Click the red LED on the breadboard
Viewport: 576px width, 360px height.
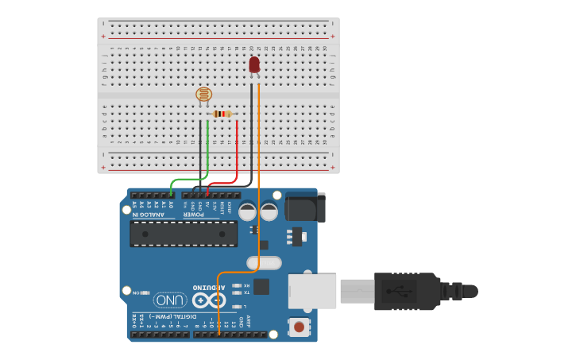point(254,64)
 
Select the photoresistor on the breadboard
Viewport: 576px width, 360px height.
point(204,95)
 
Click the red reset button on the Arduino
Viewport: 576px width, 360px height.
point(299,326)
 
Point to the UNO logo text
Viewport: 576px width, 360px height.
point(171,300)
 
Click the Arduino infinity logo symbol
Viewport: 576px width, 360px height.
point(209,300)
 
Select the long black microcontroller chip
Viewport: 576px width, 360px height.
point(184,234)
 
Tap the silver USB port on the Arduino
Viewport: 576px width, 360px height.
point(312,291)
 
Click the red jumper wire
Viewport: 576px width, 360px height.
point(237,151)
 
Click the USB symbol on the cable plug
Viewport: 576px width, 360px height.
point(398,291)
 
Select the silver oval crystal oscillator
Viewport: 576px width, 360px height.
point(264,262)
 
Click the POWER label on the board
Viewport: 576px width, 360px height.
point(195,215)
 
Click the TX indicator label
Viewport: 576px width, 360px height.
point(246,292)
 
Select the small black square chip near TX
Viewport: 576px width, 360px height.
point(261,287)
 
